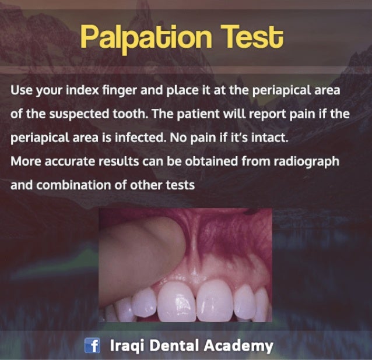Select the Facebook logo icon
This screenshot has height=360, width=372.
[x=93, y=346]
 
